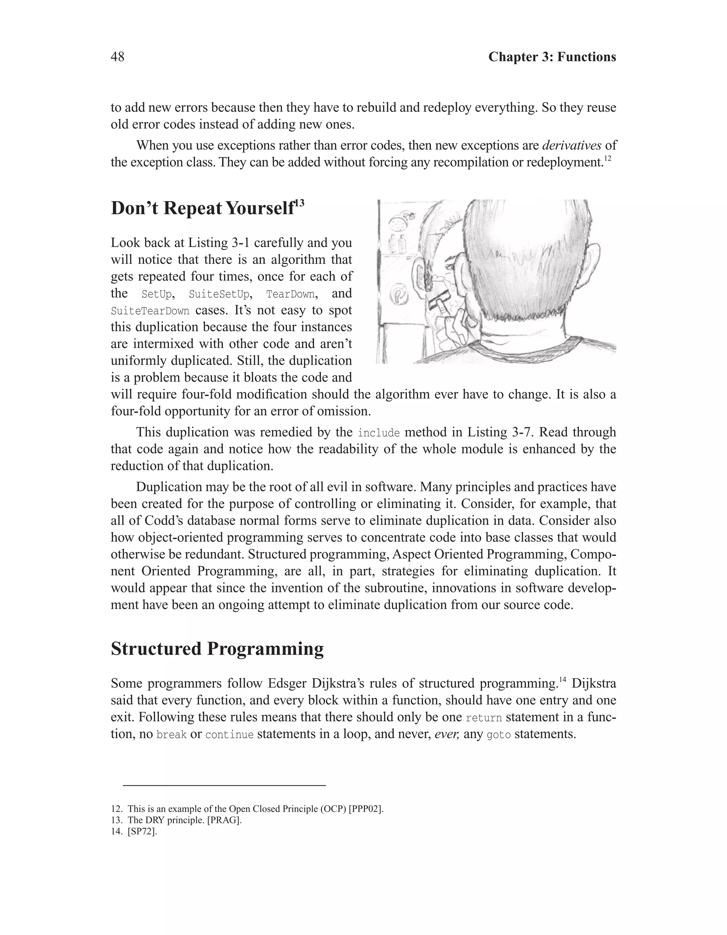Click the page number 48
point(117,57)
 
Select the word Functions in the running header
point(587,57)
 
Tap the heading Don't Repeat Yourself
point(203,209)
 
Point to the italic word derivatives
point(572,145)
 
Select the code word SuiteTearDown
point(149,311)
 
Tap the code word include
point(379,433)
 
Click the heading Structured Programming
point(217,649)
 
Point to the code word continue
point(229,735)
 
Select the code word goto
point(499,735)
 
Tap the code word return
point(483,718)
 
